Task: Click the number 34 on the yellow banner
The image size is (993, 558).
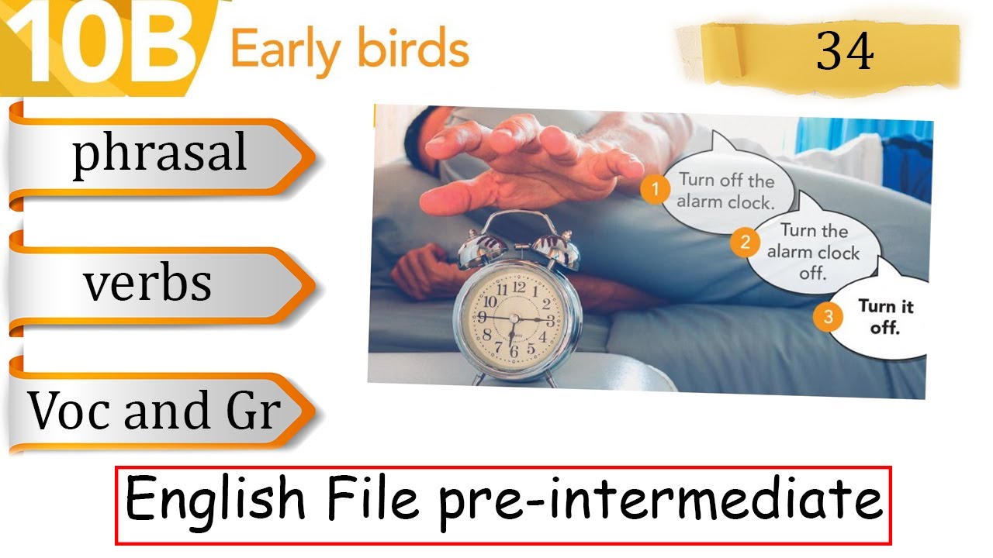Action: coord(845,53)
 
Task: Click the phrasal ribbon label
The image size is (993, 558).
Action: coord(160,153)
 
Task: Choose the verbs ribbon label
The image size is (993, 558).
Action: coord(147,283)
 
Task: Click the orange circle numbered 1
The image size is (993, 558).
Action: coord(656,190)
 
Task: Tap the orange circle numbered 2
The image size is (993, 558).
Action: coord(745,243)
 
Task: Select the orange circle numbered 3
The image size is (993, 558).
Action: coord(829,316)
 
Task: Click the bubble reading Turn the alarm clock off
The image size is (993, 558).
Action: coord(814,251)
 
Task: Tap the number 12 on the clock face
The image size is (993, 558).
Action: coord(519,288)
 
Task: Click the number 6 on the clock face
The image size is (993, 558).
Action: coord(513,350)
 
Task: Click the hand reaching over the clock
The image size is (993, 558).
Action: coord(528,159)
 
